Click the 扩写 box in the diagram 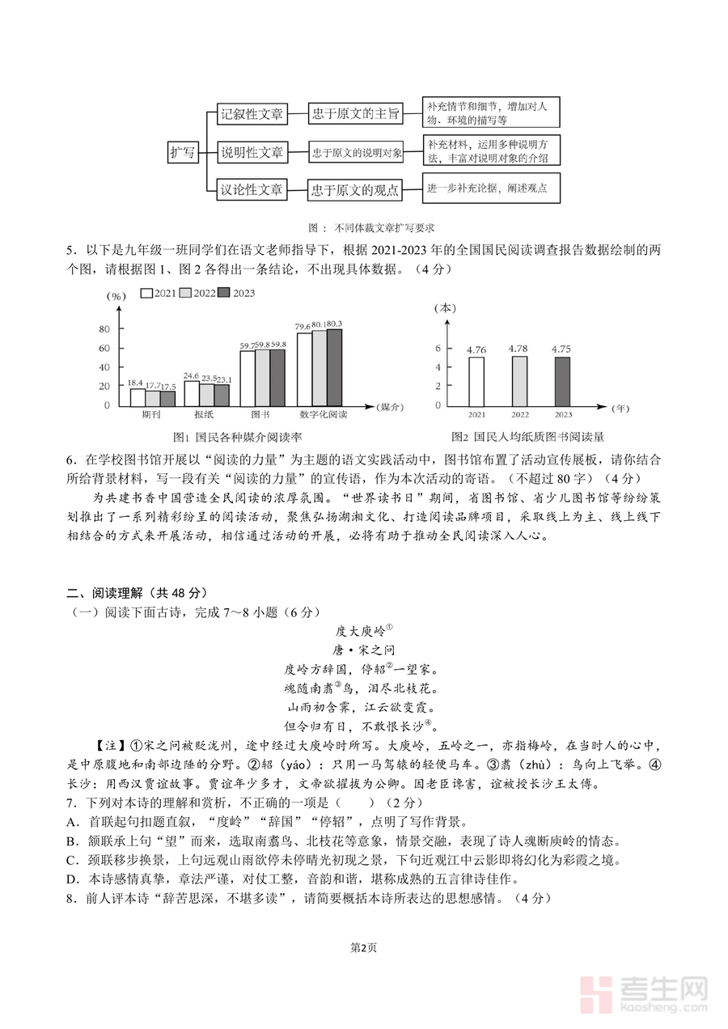pyautogui.click(x=183, y=152)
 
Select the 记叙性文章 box pyautogui.click(x=252, y=114)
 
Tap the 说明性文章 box pyautogui.click(x=252, y=152)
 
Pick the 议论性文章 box pyautogui.click(x=252, y=191)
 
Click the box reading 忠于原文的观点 pyautogui.click(x=356, y=191)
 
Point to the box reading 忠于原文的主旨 pyautogui.click(x=356, y=114)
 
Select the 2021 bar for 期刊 pyautogui.click(x=138, y=397)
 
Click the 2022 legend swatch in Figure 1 pyautogui.click(x=185, y=293)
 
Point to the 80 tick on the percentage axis pyautogui.click(x=104, y=329)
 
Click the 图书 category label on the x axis pyautogui.click(x=260, y=415)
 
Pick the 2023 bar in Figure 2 pyautogui.click(x=562, y=381)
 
